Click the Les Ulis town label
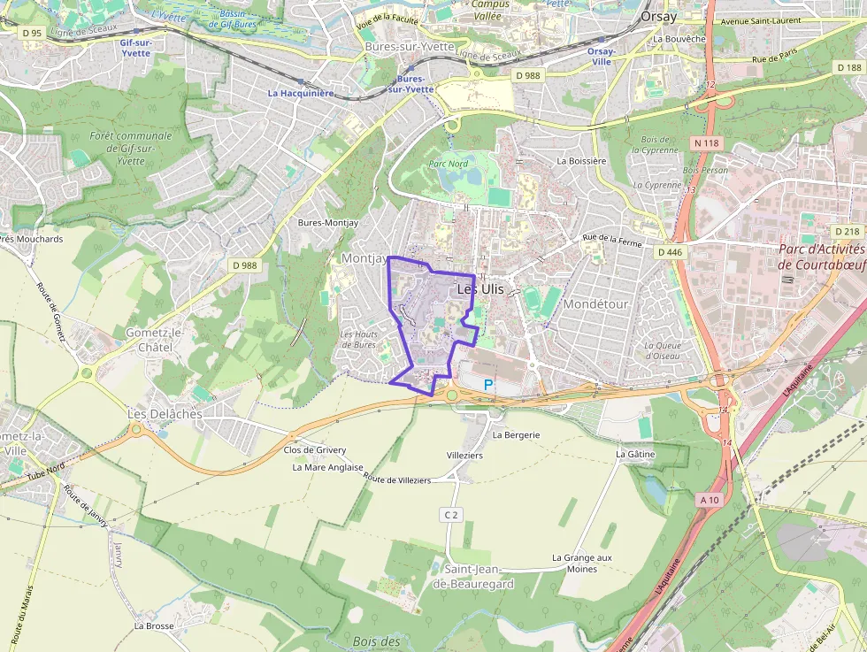pyautogui.click(x=480, y=289)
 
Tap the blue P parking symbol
pyautogui.click(x=487, y=385)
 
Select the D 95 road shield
pyautogui.click(x=31, y=33)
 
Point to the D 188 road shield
pyautogui.click(x=848, y=67)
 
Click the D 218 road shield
pyautogui.click(x=847, y=232)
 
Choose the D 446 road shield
pyautogui.click(x=671, y=252)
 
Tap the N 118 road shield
pyautogui.click(x=707, y=142)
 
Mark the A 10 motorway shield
pyautogui.click(x=710, y=500)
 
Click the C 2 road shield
pyautogui.click(x=451, y=514)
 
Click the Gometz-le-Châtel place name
pyautogui.click(x=154, y=338)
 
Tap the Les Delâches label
pyautogui.click(x=165, y=414)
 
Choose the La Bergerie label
pyautogui.click(x=515, y=435)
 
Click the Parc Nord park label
pyautogui.click(x=448, y=164)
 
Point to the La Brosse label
pyautogui.click(x=154, y=625)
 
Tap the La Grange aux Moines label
pyautogui.click(x=581, y=563)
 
